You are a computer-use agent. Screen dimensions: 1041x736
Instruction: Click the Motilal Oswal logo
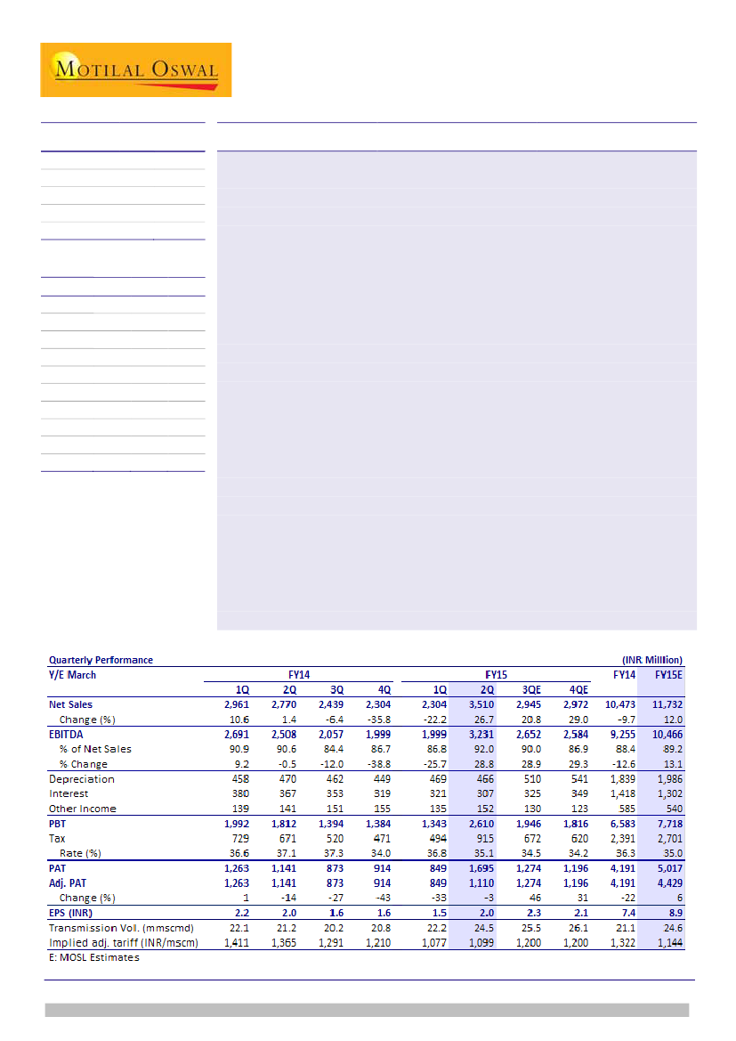pyautogui.click(x=135, y=69)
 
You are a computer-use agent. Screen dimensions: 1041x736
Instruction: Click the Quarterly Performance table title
pyautogui.click(x=101, y=660)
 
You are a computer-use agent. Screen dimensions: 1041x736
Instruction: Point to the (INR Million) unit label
pyautogui.click(x=651, y=660)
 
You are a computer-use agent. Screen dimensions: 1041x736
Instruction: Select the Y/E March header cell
pyautogui.click(x=72, y=674)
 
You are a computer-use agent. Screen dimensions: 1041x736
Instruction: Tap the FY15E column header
pyautogui.click(x=668, y=674)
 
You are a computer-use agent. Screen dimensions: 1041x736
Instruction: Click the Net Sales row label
pyautogui.click(x=70, y=704)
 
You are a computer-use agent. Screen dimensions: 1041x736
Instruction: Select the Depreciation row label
pyautogui.click(x=81, y=779)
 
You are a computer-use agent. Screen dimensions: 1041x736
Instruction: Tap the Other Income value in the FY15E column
pyautogui.click(x=672, y=809)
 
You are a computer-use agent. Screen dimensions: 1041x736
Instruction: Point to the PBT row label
pyautogui.click(x=58, y=824)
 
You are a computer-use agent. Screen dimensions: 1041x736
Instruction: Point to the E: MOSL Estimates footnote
pyautogui.click(x=93, y=957)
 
